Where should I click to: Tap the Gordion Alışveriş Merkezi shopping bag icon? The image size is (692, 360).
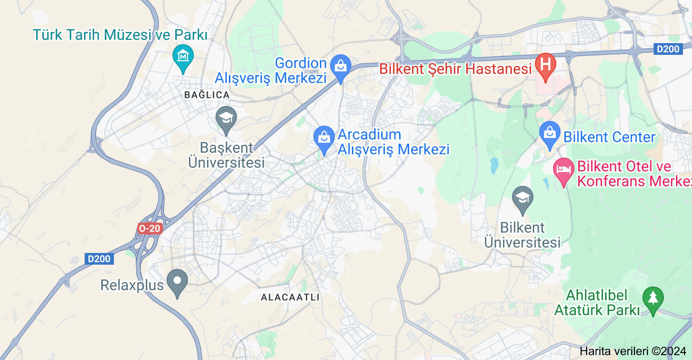click(x=340, y=67)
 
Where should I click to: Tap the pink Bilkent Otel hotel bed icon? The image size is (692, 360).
click(x=563, y=171)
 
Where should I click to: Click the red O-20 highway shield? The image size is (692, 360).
click(x=149, y=228)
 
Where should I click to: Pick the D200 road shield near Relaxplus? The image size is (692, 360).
click(x=99, y=259)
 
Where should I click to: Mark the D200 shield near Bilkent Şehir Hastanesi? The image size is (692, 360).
click(x=668, y=49)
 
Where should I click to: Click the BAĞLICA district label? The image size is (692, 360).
click(x=207, y=95)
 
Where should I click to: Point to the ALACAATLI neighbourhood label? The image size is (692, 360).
click(x=290, y=297)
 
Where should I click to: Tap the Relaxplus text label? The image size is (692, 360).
click(x=132, y=285)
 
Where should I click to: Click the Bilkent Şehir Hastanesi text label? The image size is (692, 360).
click(x=455, y=69)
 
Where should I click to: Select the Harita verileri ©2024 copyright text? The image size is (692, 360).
click(x=633, y=351)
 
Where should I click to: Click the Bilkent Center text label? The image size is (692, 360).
click(x=609, y=137)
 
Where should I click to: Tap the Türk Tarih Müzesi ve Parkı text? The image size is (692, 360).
click(x=120, y=35)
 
